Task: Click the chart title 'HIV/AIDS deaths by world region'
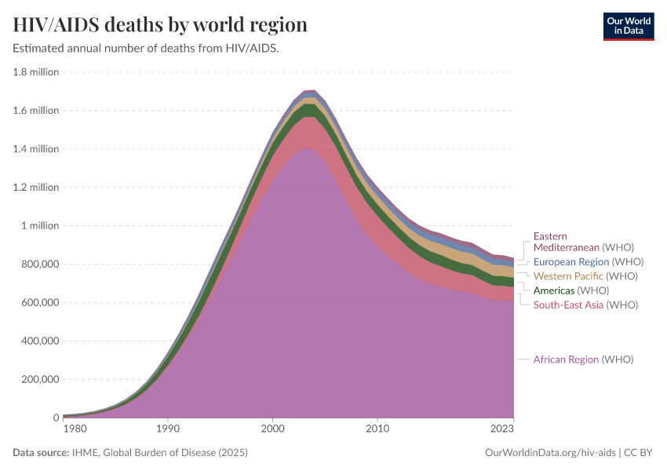pos(160,25)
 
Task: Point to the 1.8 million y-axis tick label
pos(35,72)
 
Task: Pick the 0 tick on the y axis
pos(55,418)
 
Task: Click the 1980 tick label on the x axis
pos(75,430)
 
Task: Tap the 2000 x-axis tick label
pos(272,430)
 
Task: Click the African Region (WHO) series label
pos(583,360)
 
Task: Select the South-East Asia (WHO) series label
pos(585,305)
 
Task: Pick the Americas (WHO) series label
pos(570,290)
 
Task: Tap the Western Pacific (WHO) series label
pos(585,276)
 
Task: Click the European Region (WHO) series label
pos(589,262)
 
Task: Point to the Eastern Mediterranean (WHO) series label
pos(583,242)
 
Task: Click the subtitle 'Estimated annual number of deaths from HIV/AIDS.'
pos(147,48)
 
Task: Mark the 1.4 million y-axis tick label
pos(35,149)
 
